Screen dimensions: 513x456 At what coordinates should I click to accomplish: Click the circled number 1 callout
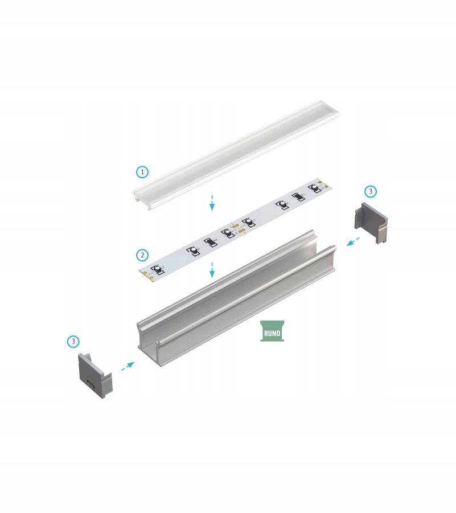[x=142, y=171]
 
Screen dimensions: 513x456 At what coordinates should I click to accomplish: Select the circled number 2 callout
[x=142, y=255]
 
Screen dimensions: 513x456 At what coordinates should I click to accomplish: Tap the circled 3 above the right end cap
[x=370, y=191]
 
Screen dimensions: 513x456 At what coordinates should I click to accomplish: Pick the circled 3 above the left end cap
[x=73, y=341]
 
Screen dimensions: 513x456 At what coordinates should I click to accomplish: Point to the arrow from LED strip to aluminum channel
[x=212, y=270]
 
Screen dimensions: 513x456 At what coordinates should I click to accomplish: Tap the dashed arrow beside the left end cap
[x=128, y=366]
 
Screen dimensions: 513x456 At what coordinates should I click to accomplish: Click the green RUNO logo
[x=272, y=331]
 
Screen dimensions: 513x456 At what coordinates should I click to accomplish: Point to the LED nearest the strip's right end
[x=314, y=187]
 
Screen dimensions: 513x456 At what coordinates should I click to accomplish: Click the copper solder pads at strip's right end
[x=322, y=184]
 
